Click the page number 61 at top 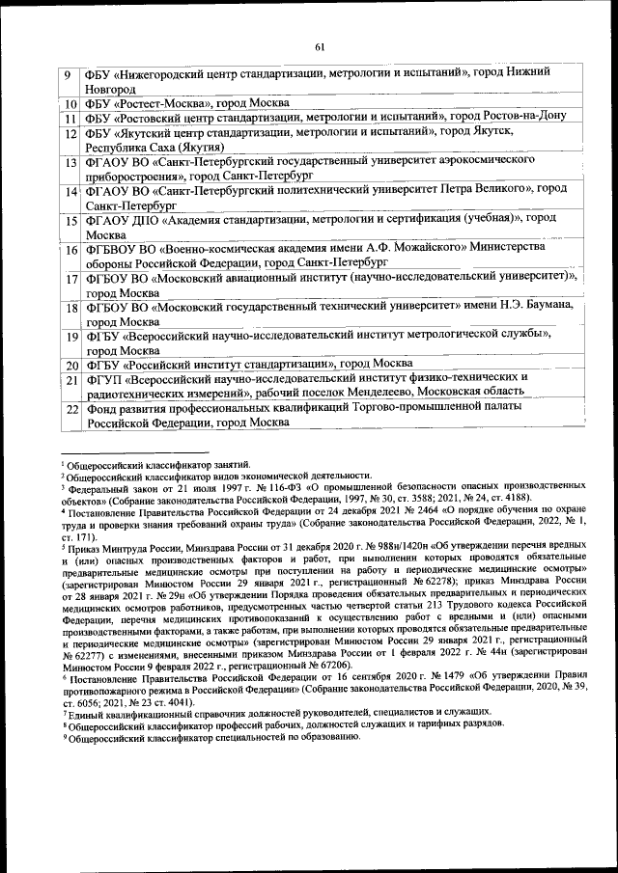[320, 47]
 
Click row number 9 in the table [69, 76]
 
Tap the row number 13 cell [70, 163]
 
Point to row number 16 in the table [70, 251]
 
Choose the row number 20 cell [70, 365]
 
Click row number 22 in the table [70, 409]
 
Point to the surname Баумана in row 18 [549, 306]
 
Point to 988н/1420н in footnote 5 [346, 547]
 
